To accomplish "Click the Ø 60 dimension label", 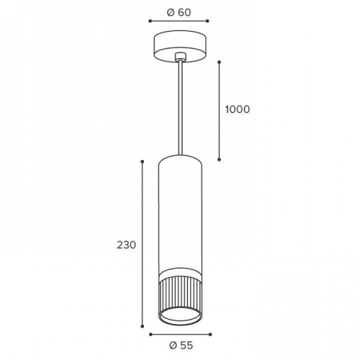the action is click(x=179, y=12).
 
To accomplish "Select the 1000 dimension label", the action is click(x=238, y=109).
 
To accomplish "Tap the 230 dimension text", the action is click(x=127, y=245).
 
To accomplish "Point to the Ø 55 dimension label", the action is click(x=181, y=346).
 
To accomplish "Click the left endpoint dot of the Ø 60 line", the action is click(x=150, y=21).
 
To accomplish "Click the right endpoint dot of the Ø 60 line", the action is click(x=207, y=21).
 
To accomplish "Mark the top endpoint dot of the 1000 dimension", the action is click(x=219, y=62).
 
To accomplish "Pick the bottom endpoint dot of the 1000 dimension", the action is click(x=219, y=159).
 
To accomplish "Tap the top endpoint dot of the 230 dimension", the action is click(x=142, y=162).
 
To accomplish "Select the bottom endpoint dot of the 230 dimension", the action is click(x=142, y=326).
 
